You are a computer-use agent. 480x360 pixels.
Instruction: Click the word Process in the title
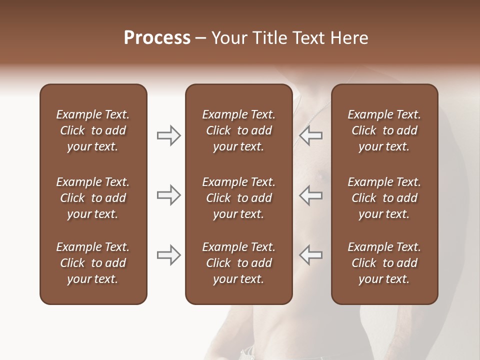tap(157, 37)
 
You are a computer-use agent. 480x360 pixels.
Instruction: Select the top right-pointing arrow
tap(168, 135)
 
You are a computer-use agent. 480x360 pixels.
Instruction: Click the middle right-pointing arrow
tap(168, 195)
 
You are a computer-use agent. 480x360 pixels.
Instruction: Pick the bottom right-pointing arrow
tap(168, 255)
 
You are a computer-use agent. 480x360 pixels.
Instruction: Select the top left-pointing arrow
tap(311, 135)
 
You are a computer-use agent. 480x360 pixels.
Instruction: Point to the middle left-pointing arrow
tap(311, 195)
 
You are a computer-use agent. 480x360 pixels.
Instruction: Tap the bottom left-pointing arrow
tap(311, 255)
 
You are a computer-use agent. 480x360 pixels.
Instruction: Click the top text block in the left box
tap(93, 130)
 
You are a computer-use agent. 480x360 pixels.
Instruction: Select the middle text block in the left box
tap(93, 198)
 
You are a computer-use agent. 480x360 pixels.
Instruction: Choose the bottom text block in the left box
tap(93, 263)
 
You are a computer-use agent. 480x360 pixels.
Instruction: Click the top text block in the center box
tap(238, 130)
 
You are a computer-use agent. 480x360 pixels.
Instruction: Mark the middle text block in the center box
tap(238, 198)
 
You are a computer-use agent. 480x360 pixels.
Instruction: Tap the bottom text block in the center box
tap(238, 263)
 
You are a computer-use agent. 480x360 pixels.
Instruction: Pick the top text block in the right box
tap(384, 130)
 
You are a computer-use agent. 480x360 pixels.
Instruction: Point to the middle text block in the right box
tap(384, 198)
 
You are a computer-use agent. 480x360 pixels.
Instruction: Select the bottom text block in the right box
tap(384, 263)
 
